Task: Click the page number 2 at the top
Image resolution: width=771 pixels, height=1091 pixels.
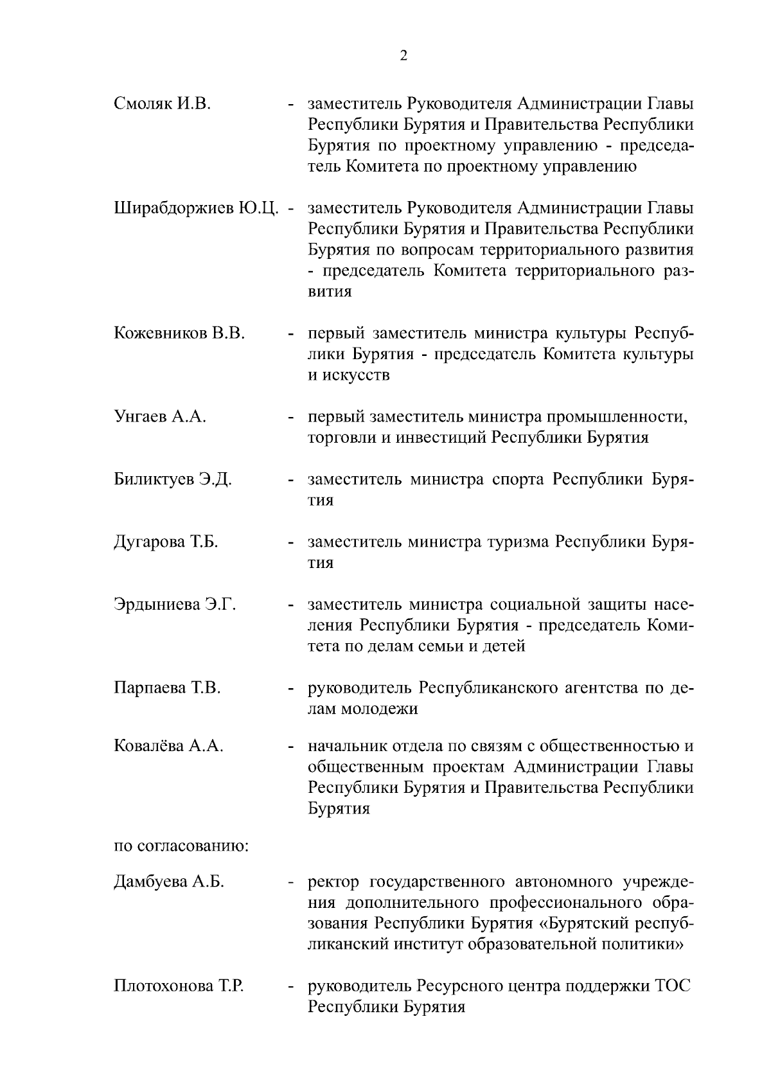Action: coord(403,56)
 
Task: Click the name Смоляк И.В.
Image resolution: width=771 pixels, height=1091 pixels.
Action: coord(162,104)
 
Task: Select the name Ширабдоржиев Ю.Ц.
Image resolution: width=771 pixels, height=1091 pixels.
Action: coord(197,209)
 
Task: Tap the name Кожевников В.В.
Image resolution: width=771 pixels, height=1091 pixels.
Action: coord(179,334)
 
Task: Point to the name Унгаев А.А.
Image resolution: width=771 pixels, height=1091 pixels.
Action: coord(160,417)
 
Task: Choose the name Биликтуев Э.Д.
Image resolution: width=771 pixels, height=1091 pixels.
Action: coord(172,480)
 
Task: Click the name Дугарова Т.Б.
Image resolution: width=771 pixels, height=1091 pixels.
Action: coord(166,542)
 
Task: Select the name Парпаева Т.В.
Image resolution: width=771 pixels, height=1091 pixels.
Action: coord(167,688)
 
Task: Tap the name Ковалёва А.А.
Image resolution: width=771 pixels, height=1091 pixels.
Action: coord(168,746)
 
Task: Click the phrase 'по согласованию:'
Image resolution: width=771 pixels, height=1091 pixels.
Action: coord(181,846)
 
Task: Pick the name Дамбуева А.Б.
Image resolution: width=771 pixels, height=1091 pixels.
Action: coord(169,882)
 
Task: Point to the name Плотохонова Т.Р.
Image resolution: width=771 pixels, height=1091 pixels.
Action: coord(178,986)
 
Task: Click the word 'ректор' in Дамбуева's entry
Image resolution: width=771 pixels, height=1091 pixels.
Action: coord(332,882)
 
